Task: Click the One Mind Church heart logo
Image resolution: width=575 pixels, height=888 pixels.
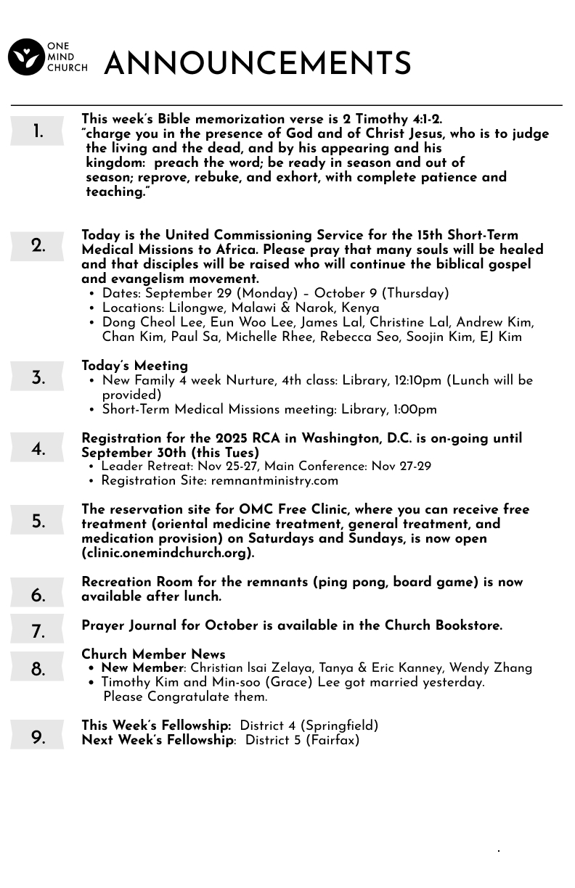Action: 26,57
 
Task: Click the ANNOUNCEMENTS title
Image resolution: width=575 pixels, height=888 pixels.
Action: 258,65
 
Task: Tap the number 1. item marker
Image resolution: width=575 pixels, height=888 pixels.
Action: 38,132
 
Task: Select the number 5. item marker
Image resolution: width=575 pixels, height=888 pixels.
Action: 38,522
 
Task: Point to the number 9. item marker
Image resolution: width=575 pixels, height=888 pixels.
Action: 38,738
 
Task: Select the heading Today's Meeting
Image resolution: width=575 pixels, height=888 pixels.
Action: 134,366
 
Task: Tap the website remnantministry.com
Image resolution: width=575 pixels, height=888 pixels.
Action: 274,481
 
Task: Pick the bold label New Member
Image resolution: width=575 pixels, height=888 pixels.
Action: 142,668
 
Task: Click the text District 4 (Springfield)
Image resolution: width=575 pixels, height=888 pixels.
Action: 309,726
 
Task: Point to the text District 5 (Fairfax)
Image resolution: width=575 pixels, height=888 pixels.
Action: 302,741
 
